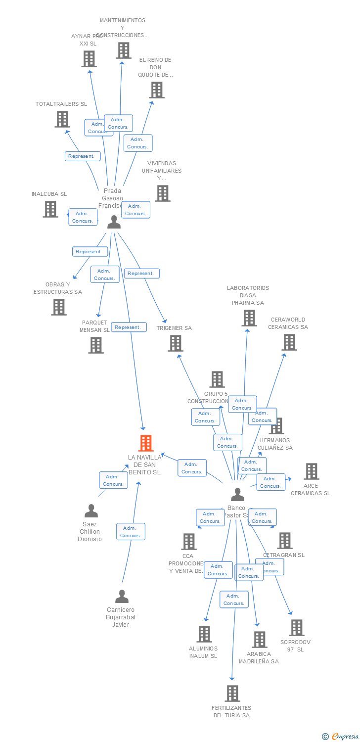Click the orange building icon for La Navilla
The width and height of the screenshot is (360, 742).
[145, 443]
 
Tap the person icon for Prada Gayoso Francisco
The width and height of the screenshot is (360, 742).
[114, 222]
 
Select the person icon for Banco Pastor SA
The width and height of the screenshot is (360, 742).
[238, 495]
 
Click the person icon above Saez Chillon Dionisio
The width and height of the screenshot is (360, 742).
[91, 511]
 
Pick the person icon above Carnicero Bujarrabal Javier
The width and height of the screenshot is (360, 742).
[122, 597]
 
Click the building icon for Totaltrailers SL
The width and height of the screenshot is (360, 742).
[62, 119]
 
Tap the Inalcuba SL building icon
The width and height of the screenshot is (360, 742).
[50, 209]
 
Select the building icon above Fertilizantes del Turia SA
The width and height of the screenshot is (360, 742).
[232, 694]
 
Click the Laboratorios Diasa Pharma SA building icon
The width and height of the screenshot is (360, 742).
[249, 318]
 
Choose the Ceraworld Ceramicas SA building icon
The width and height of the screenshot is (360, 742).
[289, 342]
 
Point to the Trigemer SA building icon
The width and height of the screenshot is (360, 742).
[175, 343]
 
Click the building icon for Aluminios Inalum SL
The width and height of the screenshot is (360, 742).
[204, 634]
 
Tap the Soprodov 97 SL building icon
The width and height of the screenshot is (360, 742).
[296, 628]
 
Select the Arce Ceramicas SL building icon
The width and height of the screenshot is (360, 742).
[311, 471]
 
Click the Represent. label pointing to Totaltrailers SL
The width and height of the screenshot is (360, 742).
[83, 156]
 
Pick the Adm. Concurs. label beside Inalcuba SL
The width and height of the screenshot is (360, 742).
[83, 217]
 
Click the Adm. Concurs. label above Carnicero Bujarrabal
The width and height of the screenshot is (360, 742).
[131, 532]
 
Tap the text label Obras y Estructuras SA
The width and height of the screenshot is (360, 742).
[58, 288]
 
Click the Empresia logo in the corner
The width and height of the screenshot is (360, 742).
[341, 737]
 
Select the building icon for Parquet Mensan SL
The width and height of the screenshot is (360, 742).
[96, 345]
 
